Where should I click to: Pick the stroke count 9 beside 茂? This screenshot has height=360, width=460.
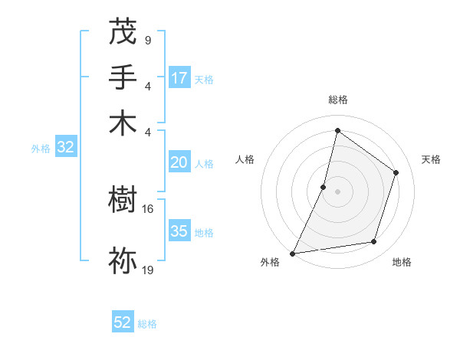(x=147, y=40)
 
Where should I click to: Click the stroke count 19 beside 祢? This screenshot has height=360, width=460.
(x=149, y=270)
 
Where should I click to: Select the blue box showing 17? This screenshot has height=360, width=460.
(x=179, y=78)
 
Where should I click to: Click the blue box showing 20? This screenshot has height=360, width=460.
(x=179, y=162)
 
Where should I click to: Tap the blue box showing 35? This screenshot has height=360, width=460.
(x=179, y=231)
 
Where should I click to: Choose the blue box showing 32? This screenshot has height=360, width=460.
(x=65, y=148)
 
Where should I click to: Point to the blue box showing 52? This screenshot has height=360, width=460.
(x=123, y=323)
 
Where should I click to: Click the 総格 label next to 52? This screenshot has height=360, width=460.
(x=147, y=324)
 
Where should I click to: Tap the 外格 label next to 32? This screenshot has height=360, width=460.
(x=41, y=149)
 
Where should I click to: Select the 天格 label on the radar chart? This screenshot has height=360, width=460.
(x=431, y=159)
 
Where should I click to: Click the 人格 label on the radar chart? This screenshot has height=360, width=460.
(x=245, y=159)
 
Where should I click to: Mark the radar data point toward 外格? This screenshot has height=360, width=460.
(x=293, y=253)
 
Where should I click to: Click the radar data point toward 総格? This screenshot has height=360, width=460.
(x=337, y=131)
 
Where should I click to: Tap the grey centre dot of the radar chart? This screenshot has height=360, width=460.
(x=337, y=191)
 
